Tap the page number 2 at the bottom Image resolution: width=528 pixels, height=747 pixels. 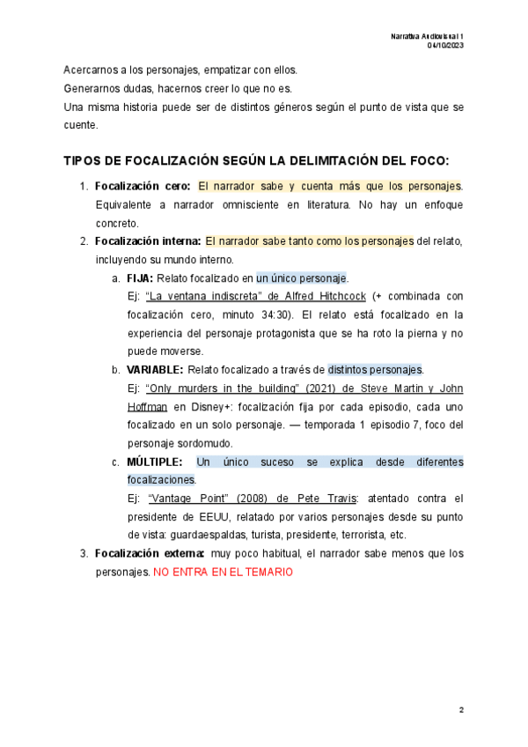460,708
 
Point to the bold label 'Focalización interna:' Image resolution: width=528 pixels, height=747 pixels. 148,241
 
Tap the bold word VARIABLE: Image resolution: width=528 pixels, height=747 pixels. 155,370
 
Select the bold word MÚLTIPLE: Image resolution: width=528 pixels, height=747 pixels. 155,462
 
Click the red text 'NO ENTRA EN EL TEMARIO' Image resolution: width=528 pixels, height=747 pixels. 223,572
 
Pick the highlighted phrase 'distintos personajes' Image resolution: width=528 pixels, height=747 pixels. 375,370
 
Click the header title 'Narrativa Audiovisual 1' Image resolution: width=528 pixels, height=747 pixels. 428,35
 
